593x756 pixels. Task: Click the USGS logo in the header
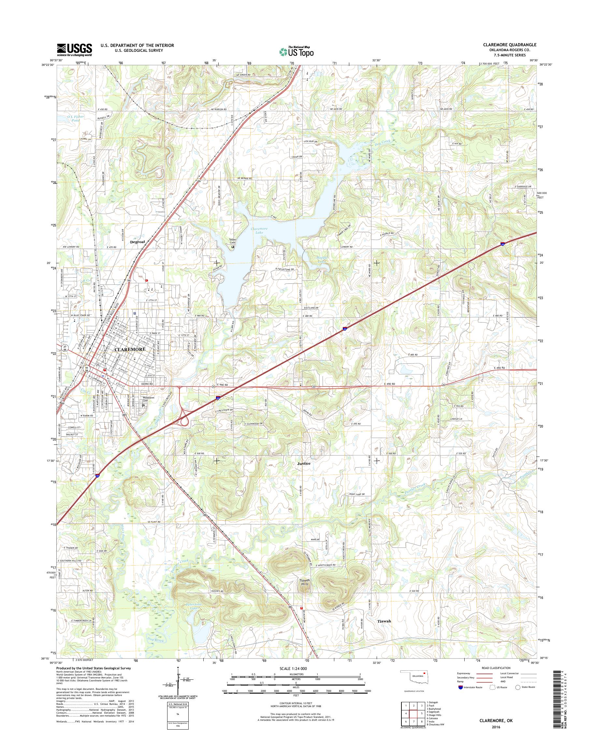click(74, 50)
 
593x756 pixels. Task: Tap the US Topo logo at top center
click(296, 51)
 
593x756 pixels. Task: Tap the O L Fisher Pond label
click(76, 118)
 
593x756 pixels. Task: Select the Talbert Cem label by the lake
click(233, 241)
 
